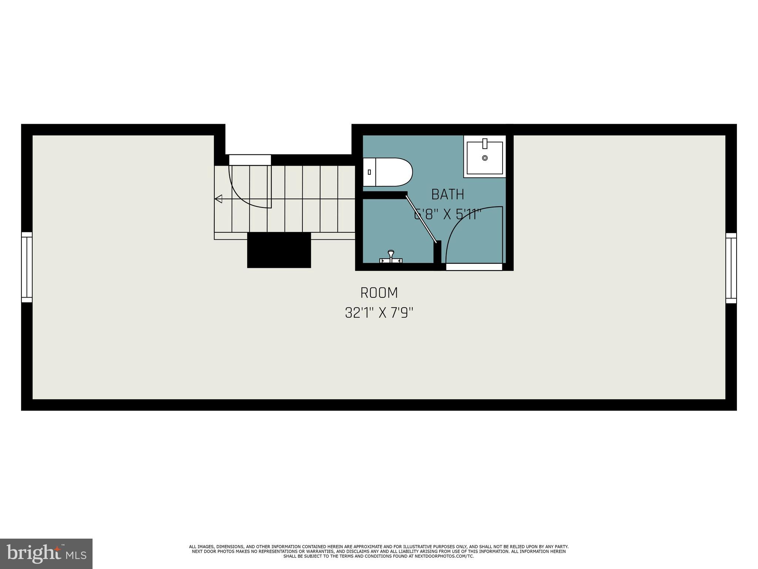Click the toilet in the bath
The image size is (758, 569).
tap(389, 172)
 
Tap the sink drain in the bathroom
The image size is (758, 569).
tap(485, 158)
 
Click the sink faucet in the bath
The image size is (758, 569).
tap(485, 143)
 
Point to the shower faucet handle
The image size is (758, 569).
tap(390, 256)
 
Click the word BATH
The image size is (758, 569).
tap(448, 194)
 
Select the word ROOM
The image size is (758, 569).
tap(379, 293)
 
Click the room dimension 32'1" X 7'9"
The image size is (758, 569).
tap(379, 313)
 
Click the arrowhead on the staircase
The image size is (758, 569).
tap(218, 199)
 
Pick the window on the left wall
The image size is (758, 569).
tap(27, 267)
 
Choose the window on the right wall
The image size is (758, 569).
tap(731, 268)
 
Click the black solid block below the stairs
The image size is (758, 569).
tap(279, 250)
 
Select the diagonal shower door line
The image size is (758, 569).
tap(421, 219)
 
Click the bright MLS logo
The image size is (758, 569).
tap(46, 554)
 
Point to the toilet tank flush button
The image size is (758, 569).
tap(369, 172)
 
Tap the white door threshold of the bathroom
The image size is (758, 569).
tap(474, 267)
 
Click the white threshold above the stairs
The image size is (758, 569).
tap(250, 160)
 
